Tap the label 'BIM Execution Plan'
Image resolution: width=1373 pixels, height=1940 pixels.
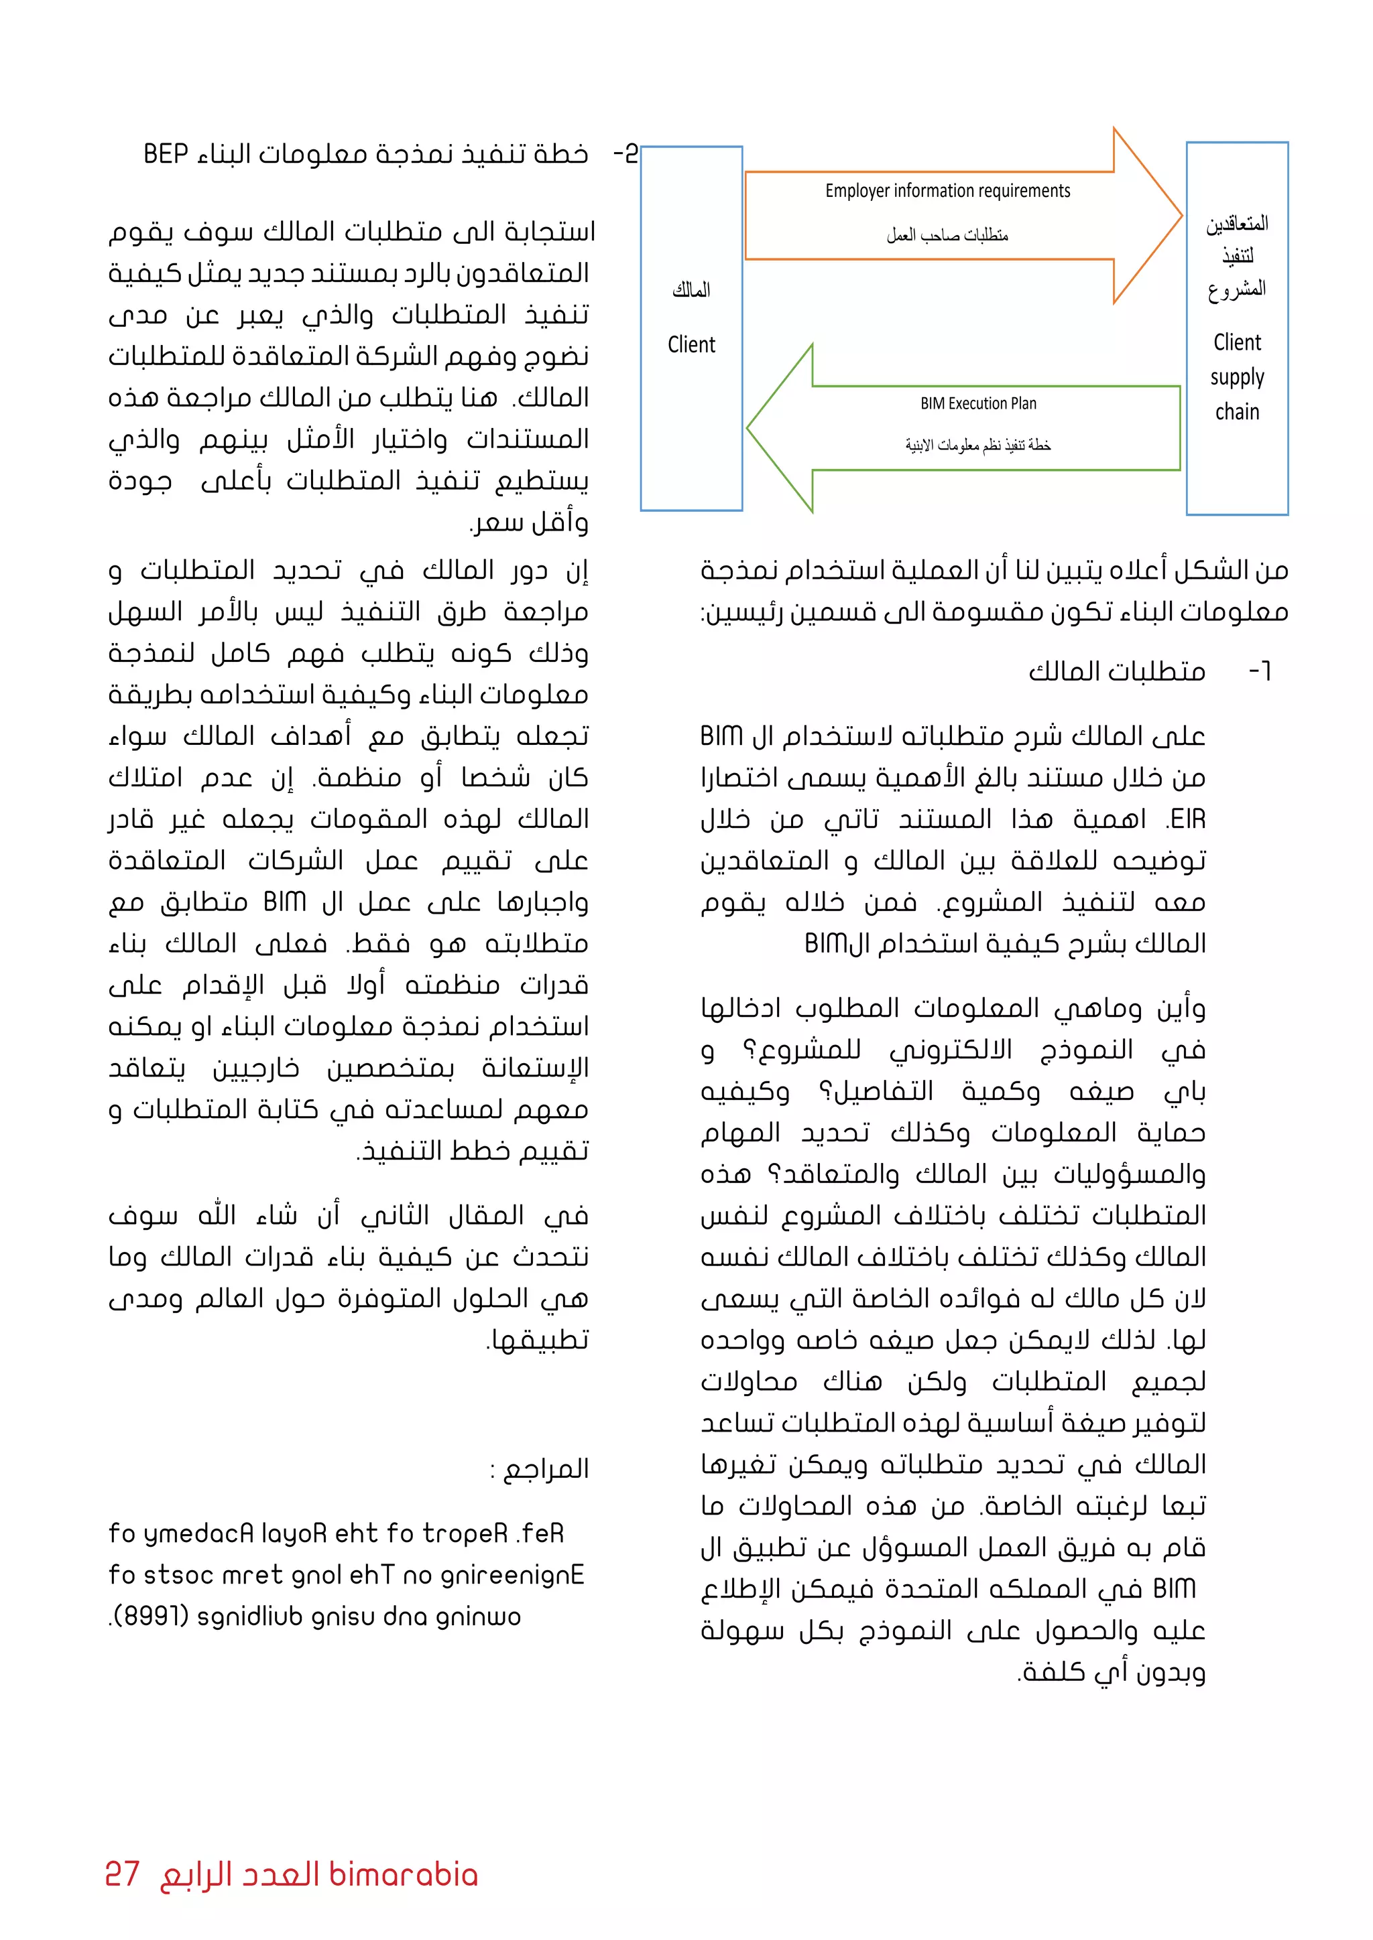978,404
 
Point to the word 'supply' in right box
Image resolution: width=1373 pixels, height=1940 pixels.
1236,378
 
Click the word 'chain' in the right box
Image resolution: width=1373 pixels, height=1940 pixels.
1236,413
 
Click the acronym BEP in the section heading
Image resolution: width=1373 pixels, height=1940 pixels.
166,155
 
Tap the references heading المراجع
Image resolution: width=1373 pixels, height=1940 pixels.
545,1468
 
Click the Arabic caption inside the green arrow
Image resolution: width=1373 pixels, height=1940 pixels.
978,445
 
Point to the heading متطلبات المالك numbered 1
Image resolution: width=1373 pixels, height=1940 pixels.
1116,672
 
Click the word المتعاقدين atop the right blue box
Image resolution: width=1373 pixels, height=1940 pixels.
1236,224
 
